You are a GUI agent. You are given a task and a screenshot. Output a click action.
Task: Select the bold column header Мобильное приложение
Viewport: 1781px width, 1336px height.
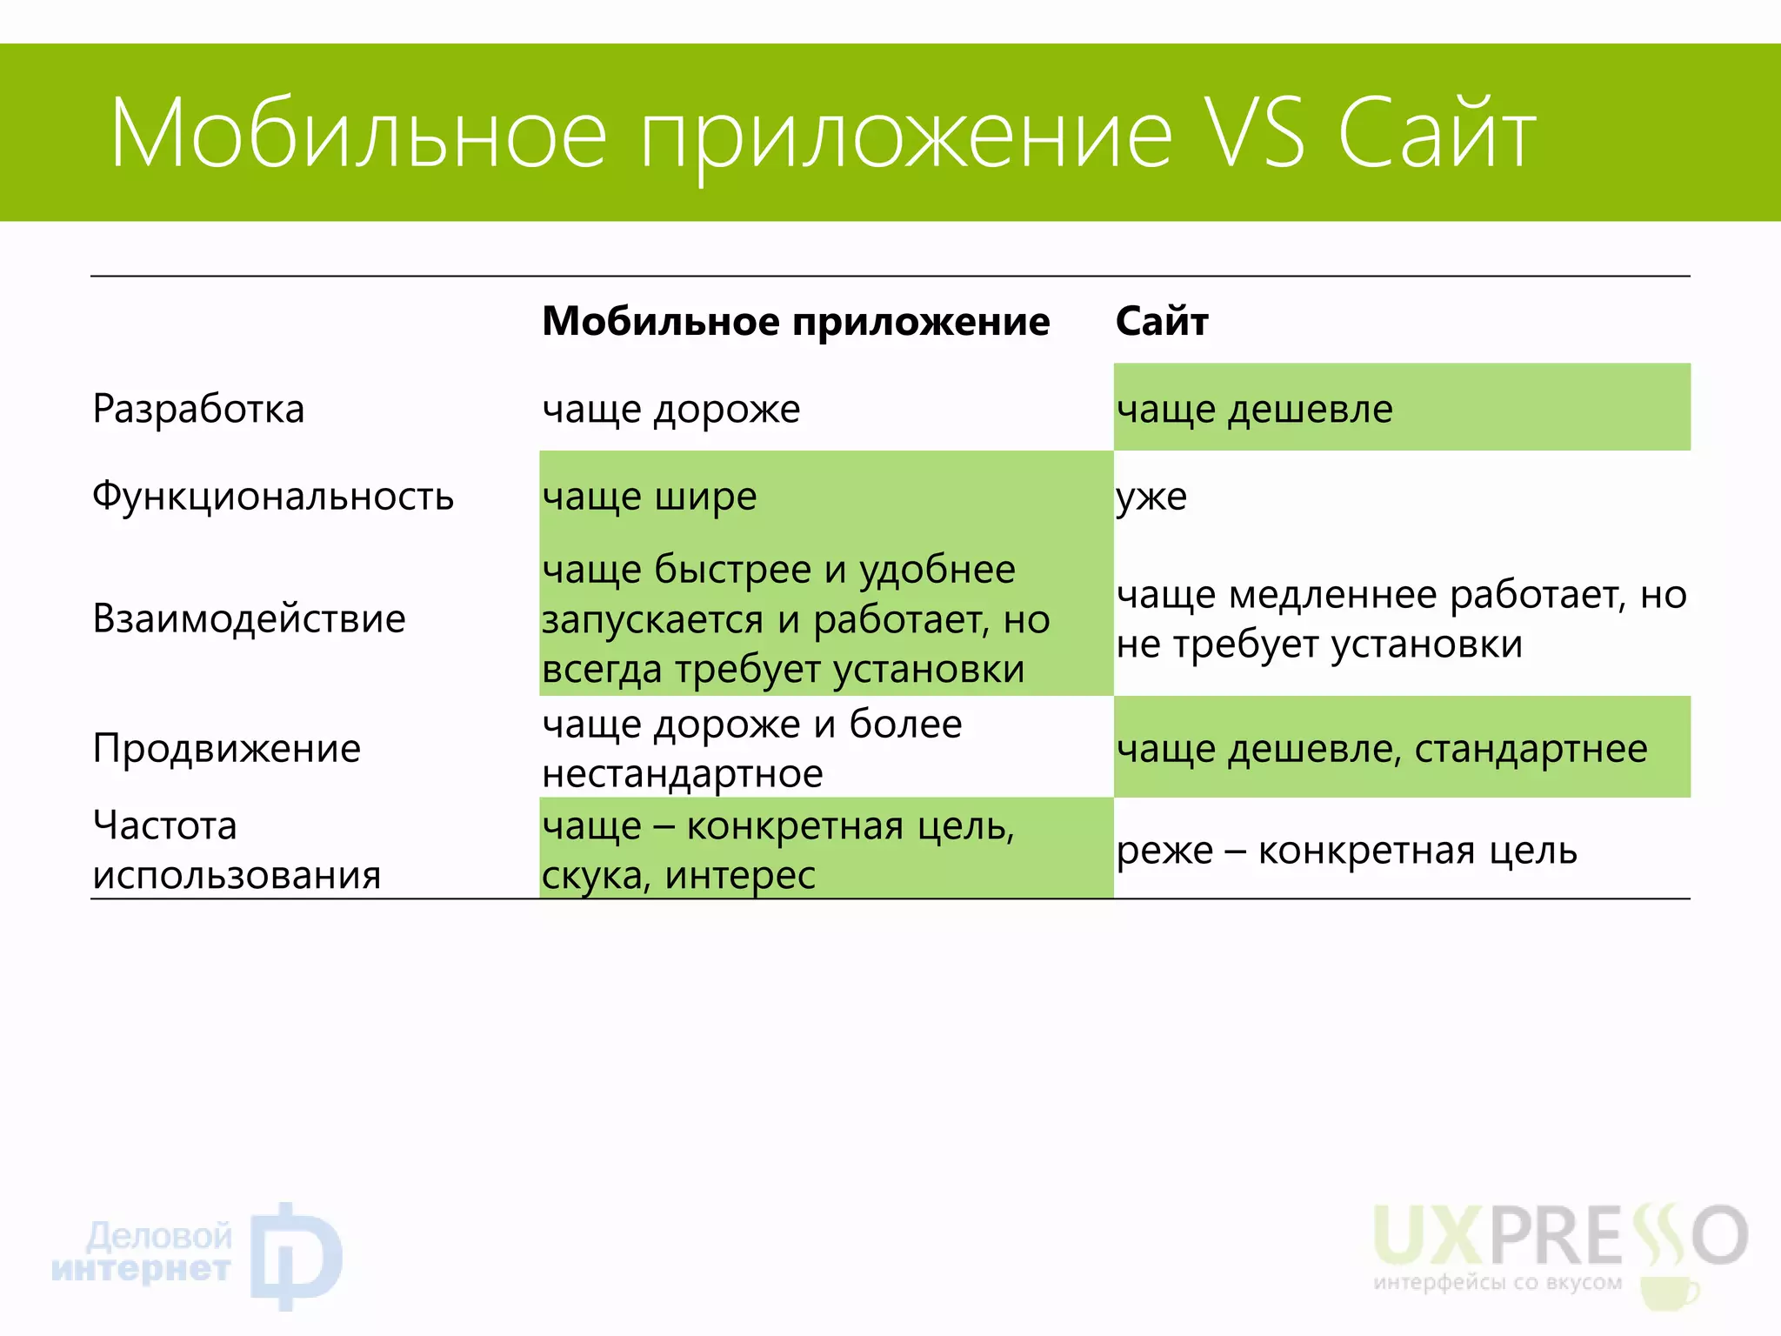click(796, 322)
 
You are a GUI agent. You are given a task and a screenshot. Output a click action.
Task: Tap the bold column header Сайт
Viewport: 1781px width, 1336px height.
click(1162, 322)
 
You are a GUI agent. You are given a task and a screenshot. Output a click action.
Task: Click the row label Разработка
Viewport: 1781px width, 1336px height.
click(198, 409)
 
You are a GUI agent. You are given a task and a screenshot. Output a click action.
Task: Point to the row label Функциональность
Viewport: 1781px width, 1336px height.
click(273, 497)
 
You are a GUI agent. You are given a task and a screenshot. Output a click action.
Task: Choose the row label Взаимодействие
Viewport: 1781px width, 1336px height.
click(249, 618)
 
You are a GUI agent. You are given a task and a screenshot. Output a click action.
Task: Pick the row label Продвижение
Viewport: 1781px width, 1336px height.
click(226, 748)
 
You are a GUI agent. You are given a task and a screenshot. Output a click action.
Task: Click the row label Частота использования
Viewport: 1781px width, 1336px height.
click(237, 850)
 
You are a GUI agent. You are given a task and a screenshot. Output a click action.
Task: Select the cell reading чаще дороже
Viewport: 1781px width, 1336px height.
click(670, 409)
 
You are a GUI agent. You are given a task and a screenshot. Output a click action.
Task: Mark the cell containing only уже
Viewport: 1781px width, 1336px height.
click(1151, 497)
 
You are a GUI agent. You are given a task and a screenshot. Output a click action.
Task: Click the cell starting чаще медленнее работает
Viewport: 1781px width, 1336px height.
click(1401, 619)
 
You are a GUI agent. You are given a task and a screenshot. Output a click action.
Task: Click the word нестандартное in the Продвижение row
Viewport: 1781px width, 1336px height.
click(682, 774)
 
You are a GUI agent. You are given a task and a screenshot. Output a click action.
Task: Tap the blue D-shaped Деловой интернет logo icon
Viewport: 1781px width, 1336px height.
click(296, 1255)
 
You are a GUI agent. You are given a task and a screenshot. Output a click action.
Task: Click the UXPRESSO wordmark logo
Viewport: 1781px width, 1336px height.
click(1560, 1236)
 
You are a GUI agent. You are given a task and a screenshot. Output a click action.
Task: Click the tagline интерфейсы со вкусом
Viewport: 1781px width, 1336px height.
click(1498, 1282)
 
